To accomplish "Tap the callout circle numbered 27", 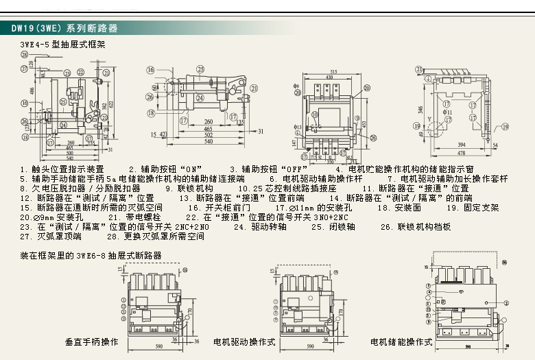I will pyautogui.click(x=24, y=67).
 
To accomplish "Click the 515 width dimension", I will pyautogui.click(x=333, y=71).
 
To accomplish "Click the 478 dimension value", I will pyautogui.click(x=453, y=153).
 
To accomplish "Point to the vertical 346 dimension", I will pyautogui.click(x=419, y=109).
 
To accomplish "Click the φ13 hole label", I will pyautogui.click(x=298, y=127).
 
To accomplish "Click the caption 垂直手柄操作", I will pyautogui.click(x=92, y=341).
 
